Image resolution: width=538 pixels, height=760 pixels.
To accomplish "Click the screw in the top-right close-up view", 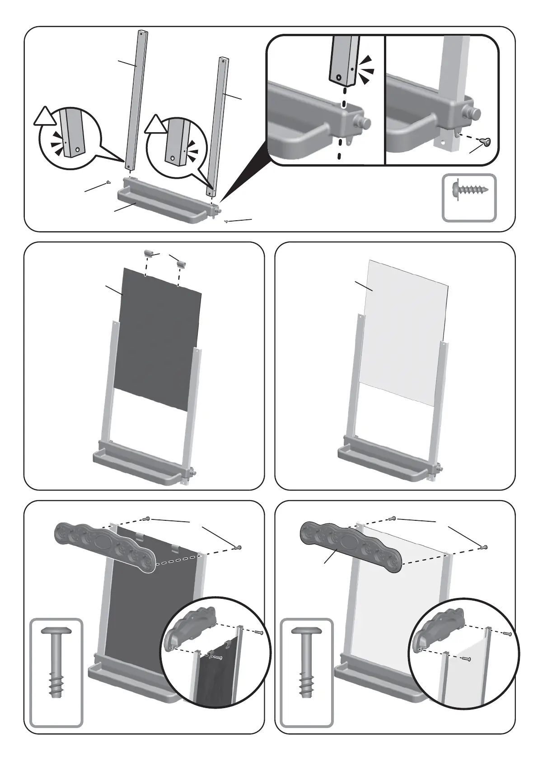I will point(486,142).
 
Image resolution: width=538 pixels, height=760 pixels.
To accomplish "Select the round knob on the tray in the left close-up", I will point(364,122).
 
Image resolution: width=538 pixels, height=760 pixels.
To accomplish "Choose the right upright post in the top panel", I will point(218,126).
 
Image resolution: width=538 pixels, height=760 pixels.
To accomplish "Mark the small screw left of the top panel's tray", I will point(108,182).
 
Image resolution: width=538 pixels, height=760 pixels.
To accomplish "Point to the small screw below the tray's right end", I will point(225,222).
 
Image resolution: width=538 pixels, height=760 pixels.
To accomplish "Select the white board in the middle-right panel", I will point(404,329).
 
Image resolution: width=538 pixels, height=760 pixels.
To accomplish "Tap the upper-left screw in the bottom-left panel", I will point(147,519).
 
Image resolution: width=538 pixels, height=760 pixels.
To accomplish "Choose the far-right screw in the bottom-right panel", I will point(485,547).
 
